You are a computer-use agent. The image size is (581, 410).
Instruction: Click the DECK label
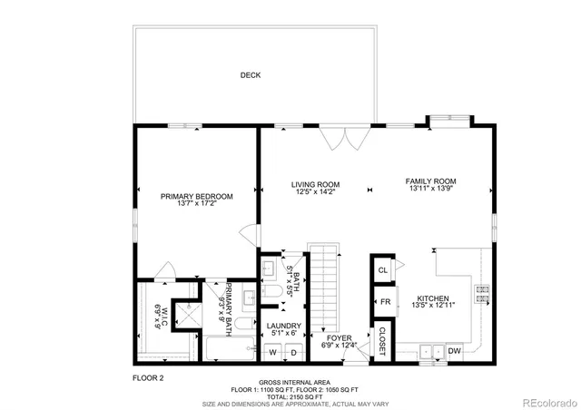tap(251, 75)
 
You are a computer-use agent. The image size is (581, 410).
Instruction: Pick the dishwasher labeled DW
tap(455, 351)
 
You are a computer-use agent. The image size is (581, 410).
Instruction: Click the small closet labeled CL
tap(383, 270)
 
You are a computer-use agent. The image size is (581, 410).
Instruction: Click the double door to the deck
tap(343, 138)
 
